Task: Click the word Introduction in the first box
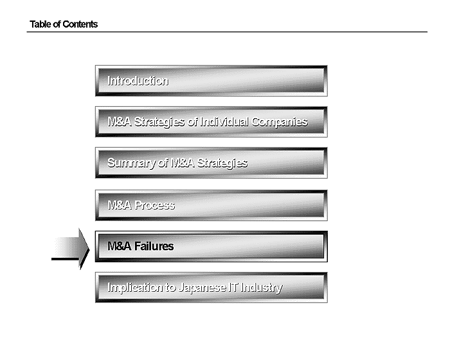click(x=138, y=81)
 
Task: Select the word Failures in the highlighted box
click(x=154, y=246)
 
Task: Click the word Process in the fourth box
click(x=154, y=206)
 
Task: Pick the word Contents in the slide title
click(x=80, y=24)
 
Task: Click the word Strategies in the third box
click(x=222, y=163)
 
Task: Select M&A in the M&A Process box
click(x=120, y=206)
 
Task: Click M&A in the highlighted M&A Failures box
click(x=120, y=246)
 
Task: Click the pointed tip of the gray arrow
click(x=89, y=249)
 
